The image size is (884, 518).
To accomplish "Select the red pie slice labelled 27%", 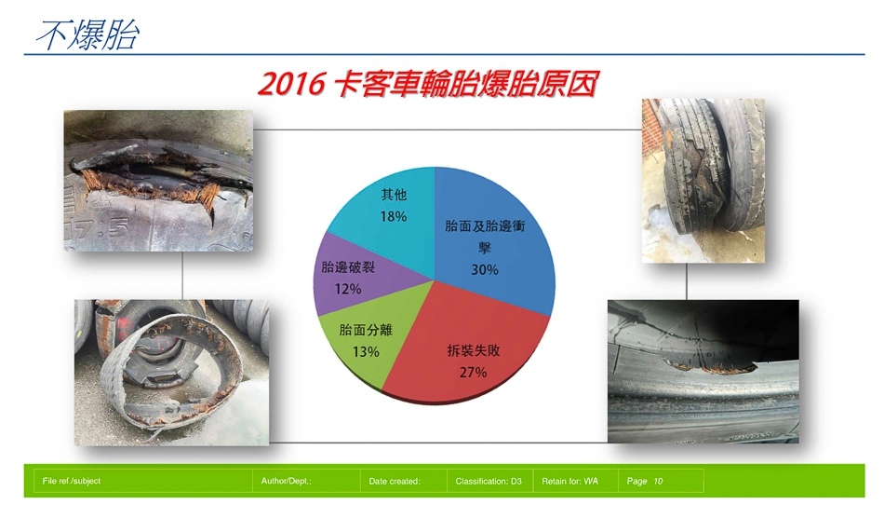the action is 468,350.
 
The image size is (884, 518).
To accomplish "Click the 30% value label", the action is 485,270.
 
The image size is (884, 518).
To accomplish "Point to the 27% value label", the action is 473,373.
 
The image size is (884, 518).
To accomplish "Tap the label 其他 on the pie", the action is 394,195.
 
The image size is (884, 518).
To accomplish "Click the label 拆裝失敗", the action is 474,350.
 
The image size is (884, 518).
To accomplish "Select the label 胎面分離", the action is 366,330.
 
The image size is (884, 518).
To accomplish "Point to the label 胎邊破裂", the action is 348,266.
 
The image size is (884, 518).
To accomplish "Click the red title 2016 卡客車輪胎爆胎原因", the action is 428,84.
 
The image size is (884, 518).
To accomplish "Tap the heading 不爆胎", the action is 87,35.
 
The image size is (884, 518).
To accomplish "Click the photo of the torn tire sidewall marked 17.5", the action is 158,181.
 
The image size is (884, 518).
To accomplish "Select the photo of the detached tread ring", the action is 172,373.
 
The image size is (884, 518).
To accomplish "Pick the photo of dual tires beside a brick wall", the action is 703,181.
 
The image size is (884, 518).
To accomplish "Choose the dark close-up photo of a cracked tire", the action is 703,372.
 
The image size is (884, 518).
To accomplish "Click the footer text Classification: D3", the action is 489,482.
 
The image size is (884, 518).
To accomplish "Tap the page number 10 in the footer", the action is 659,482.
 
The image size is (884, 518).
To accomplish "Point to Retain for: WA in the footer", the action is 570,482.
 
